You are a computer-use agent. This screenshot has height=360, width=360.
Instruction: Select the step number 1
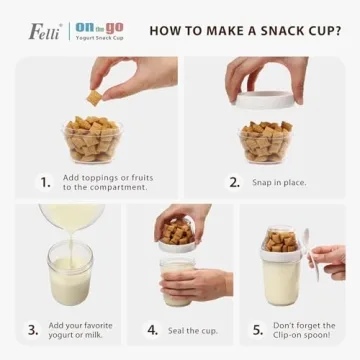(x=45, y=182)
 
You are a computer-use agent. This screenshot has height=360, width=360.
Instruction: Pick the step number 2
(x=234, y=182)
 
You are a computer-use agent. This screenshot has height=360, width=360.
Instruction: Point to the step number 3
(x=33, y=329)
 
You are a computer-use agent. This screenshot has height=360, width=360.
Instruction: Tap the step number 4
(x=153, y=329)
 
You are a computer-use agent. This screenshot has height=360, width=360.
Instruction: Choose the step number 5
(x=257, y=329)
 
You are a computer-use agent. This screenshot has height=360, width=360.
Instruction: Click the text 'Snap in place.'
(x=281, y=182)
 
